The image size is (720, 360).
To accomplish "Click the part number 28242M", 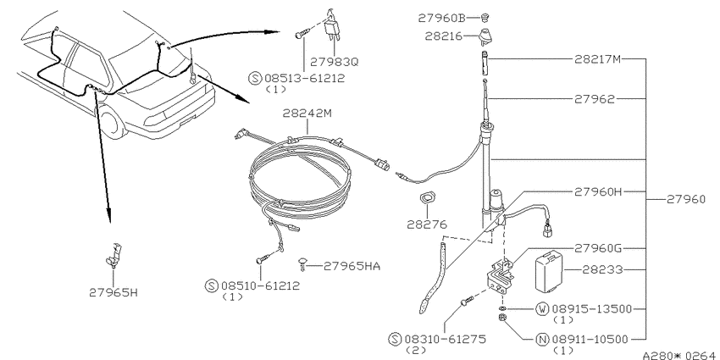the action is (307, 114).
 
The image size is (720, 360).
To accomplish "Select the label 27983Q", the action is (334, 61).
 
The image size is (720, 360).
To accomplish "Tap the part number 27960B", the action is (441, 18).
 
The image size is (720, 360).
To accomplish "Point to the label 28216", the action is (443, 36).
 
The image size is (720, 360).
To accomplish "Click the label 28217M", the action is (598, 58).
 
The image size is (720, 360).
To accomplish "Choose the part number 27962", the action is (594, 99).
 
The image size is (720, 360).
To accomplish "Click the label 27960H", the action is (598, 191).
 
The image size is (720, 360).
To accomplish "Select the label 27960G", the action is (598, 248).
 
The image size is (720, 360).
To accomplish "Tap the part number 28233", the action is (602, 269).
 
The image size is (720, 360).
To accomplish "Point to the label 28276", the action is (427, 224).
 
